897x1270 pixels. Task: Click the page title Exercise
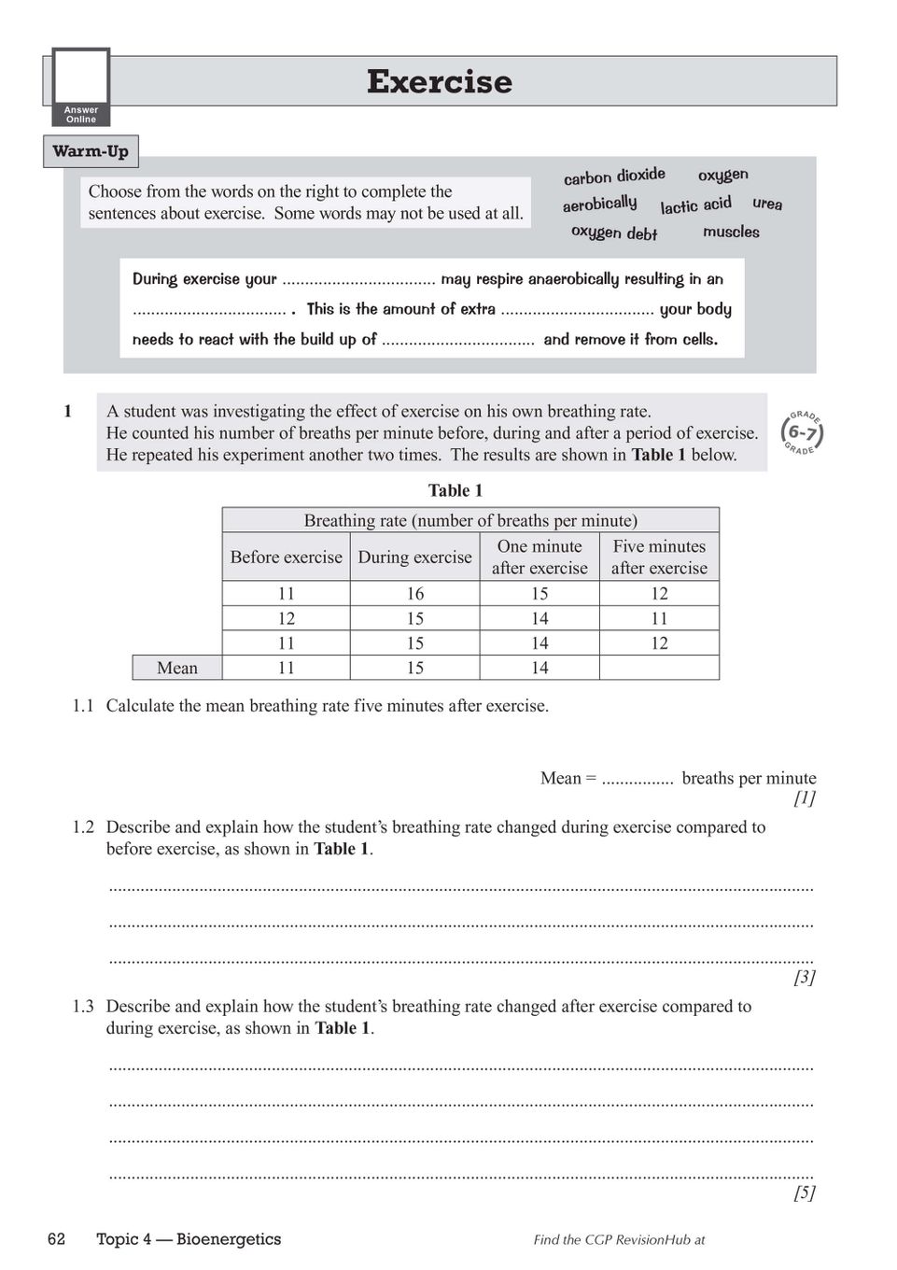click(439, 82)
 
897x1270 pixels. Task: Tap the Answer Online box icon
click(81, 87)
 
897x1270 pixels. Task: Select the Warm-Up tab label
click(91, 151)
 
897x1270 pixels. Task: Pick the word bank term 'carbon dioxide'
click(614, 176)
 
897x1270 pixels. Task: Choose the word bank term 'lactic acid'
click(695, 205)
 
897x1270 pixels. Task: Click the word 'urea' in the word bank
click(767, 204)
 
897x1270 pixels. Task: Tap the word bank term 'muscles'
click(731, 232)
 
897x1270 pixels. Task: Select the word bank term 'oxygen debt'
click(614, 233)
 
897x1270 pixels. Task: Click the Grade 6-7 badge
click(802, 431)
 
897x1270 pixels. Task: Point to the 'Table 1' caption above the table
click(456, 490)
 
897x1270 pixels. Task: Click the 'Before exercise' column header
click(287, 557)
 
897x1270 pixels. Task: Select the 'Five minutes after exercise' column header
click(659, 557)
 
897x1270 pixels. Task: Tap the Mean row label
click(177, 668)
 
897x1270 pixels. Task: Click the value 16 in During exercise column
click(415, 594)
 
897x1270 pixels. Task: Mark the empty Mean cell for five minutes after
click(659, 668)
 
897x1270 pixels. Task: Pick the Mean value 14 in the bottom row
click(540, 668)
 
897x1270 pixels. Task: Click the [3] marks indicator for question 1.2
click(805, 977)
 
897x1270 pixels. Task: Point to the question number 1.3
click(83, 1006)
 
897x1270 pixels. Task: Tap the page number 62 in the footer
click(57, 1239)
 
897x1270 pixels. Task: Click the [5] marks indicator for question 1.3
click(805, 1192)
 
